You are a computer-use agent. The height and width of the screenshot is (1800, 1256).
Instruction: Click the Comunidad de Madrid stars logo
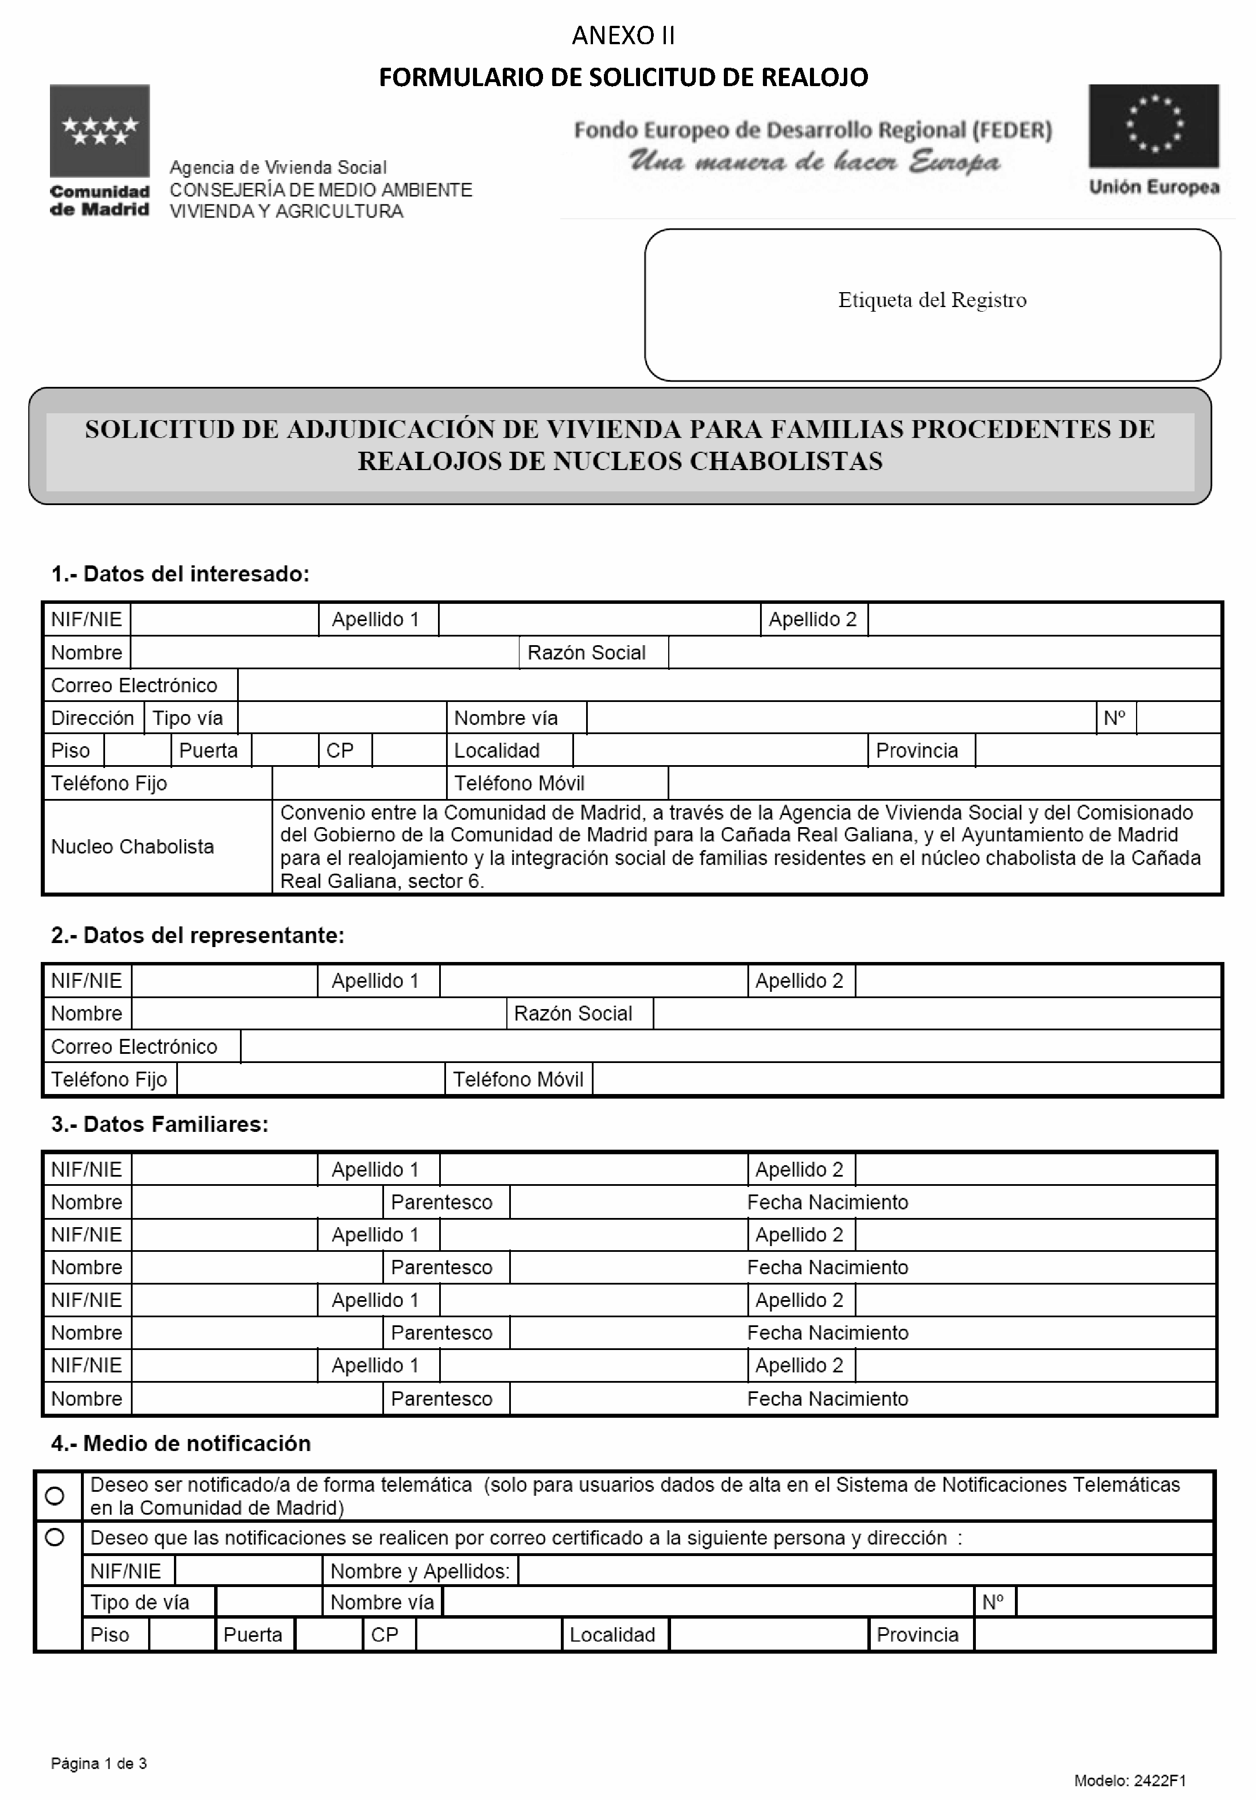pos(99,130)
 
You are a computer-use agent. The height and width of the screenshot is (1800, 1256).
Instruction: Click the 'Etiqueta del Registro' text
pos(932,300)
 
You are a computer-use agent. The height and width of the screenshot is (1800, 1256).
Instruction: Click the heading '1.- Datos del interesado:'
pos(180,574)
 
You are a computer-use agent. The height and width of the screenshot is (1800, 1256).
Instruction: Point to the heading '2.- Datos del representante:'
pos(197,935)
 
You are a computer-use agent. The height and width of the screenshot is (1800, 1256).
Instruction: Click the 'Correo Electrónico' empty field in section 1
pos(728,685)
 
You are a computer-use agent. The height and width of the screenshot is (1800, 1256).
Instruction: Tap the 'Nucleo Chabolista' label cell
pos(133,847)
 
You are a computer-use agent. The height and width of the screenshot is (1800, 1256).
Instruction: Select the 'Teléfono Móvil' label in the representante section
pos(518,1080)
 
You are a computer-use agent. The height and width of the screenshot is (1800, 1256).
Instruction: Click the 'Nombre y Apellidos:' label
pos(420,1571)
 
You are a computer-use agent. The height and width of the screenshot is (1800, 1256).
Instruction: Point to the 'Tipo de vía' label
pos(139,1603)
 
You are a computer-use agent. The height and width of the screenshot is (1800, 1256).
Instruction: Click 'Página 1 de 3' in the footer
pos(99,1764)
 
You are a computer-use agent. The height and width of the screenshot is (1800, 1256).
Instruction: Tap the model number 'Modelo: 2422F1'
pos(1130,1780)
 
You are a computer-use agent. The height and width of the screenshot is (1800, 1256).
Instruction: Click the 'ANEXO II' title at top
pos(623,35)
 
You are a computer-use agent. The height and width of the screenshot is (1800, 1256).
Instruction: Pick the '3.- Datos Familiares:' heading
pos(160,1124)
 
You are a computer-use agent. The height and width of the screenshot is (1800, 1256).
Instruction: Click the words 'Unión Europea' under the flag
pos(1153,187)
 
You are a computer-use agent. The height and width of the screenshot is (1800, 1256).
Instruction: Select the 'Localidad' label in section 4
pos(613,1635)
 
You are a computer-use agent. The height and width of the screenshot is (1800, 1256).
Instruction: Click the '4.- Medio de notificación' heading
pos(181,1444)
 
